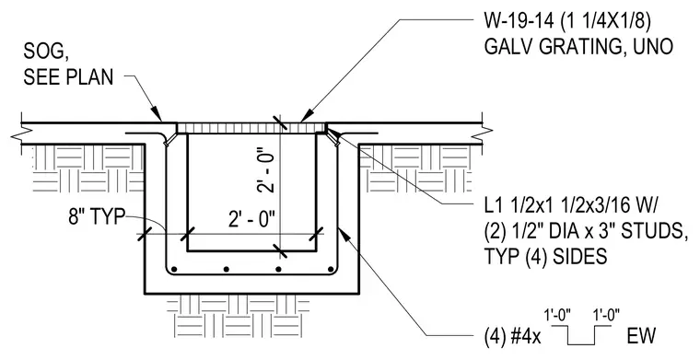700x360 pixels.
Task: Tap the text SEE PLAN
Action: click(x=68, y=76)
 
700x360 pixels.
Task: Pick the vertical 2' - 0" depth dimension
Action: click(x=265, y=173)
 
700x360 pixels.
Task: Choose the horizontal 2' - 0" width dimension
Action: click(x=251, y=219)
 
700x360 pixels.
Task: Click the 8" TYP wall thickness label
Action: click(x=96, y=217)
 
